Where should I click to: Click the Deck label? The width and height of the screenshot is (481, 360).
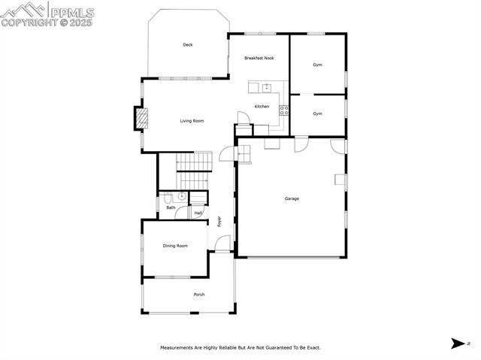tap(188, 45)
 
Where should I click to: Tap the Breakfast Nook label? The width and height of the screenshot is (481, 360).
tap(259, 58)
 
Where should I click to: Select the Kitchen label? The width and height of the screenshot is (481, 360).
tap(262, 107)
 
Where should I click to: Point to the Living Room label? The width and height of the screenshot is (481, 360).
tap(192, 121)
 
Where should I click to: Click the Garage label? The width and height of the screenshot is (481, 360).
tap(292, 198)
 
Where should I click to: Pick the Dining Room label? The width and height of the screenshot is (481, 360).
tap(175, 246)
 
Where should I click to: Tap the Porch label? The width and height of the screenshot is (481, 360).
tap(199, 295)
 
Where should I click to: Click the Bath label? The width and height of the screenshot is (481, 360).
tap(171, 207)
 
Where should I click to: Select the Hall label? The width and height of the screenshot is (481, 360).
tap(198, 213)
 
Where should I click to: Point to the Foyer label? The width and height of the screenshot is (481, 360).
tap(219, 222)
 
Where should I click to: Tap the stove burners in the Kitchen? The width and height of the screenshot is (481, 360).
tap(284, 110)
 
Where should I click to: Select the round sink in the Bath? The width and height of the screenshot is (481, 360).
tap(180, 197)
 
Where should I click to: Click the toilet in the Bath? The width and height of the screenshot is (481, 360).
tap(167, 198)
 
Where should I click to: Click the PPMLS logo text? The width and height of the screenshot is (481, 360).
tap(71, 12)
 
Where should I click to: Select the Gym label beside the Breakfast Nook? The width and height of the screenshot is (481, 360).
tap(318, 65)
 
